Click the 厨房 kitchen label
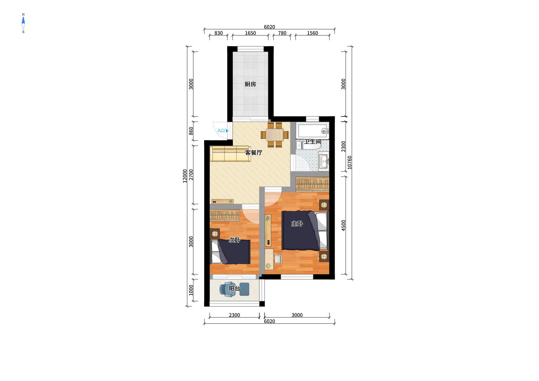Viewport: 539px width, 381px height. click(250, 84)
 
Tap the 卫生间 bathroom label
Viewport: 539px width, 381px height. click(313, 142)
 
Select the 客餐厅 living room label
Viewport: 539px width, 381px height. click(254, 152)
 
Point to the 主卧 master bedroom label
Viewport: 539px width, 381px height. click(297, 224)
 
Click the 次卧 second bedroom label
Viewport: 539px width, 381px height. click(234, 240)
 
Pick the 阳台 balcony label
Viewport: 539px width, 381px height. click(234, 289)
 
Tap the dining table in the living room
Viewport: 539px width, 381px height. click(275, 135)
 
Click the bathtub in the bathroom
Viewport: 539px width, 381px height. click(312, 131)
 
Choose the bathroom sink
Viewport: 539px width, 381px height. click(324, 160)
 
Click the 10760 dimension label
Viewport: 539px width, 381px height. click(350, 162)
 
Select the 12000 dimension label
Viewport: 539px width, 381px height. click(185, 176)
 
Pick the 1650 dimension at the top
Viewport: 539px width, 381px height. click(250, 33)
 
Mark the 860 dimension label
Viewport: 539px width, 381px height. click(191, 131)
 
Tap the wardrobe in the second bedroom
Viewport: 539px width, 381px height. click(225, 215)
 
